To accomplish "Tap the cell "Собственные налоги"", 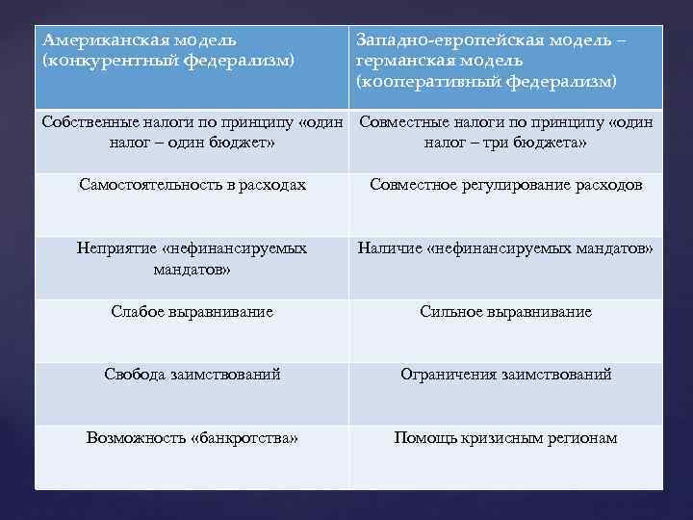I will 192,133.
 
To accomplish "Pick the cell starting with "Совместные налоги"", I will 505,133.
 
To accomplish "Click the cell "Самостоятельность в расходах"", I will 192,185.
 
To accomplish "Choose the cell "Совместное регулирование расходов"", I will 505,185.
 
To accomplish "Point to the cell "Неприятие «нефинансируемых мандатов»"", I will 192,258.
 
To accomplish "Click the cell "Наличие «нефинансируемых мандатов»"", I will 505,248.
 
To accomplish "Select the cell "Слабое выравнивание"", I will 192,312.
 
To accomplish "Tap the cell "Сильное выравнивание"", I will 505,312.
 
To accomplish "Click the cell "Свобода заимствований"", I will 192,375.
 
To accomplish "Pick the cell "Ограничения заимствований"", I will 505,375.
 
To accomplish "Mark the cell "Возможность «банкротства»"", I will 192,438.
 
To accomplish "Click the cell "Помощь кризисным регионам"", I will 505,438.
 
